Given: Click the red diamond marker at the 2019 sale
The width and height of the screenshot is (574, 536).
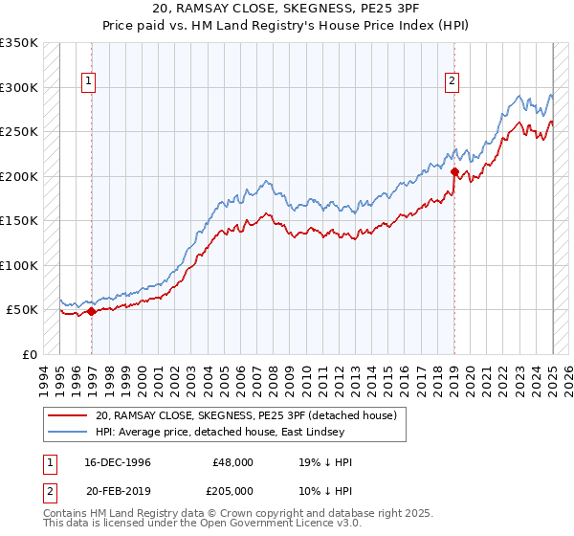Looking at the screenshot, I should pos(454,172).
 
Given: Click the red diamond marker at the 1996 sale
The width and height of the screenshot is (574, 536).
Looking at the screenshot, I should pos(91,311).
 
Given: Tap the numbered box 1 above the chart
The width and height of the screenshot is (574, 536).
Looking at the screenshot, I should pos(87,82).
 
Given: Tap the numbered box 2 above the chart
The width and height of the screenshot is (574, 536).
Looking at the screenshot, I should pos(451,82).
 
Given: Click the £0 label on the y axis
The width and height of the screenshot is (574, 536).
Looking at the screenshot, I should pos(27,354).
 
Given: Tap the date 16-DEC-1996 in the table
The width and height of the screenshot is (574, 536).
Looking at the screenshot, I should pos(116,462).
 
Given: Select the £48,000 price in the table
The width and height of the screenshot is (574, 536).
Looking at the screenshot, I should pos(233,462).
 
